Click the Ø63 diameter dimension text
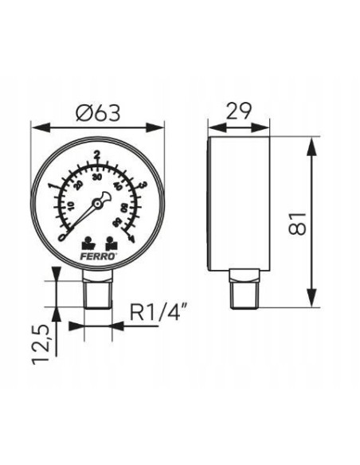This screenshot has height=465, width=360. click(97, 114)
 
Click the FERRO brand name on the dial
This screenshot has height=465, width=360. click(98, 256)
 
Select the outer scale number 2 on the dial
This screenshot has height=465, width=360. click(97, 155)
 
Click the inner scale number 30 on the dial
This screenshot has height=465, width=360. click(97, 178)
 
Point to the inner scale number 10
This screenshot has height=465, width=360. click(70, 206)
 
